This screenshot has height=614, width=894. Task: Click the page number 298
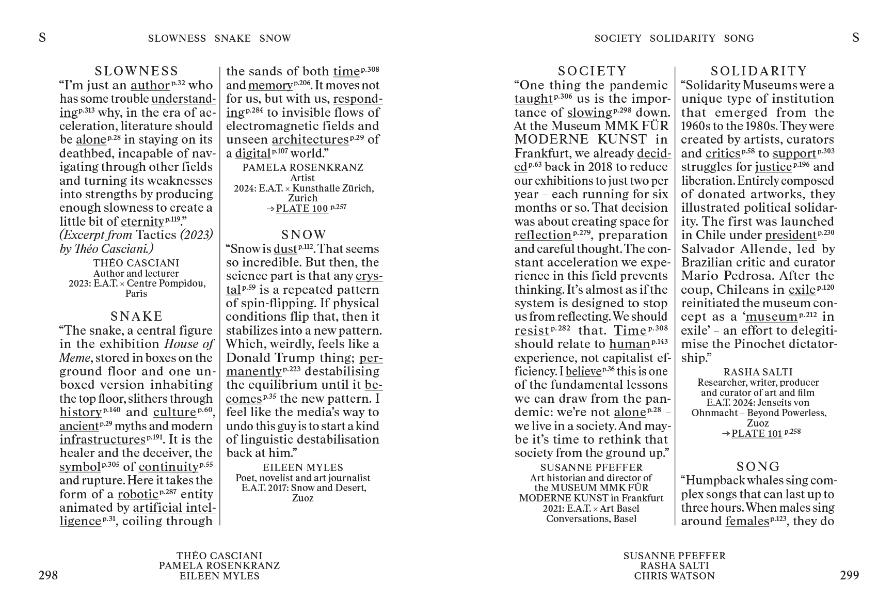click(x=48, y=575)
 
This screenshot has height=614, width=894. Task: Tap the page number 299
click(x=849, y=575)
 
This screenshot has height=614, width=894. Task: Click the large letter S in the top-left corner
click(x=42, y=37)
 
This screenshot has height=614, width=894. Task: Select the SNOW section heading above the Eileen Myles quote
click(x=304, y=235)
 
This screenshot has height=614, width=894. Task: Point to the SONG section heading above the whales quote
click(x=758, y=467)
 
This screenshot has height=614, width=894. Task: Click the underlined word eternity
click(x=142, y=222)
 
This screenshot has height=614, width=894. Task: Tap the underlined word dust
click(x=285, y=249)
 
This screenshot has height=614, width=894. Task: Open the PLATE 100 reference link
click(x=302, y=209)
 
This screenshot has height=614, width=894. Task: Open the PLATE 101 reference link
click(x=757, y=434)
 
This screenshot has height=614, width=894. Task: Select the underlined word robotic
click(x=137, y=494)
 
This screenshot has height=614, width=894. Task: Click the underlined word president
click(x=790, y=235)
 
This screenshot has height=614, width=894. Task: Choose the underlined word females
click(x=747, y=522)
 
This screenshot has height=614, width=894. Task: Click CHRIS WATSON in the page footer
click(x=674, y=576)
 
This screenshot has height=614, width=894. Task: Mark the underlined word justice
click(x=773, y=167)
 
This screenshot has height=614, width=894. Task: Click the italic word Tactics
click(x=156, y=235)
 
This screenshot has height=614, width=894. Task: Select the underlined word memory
click(x=270, y=86)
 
